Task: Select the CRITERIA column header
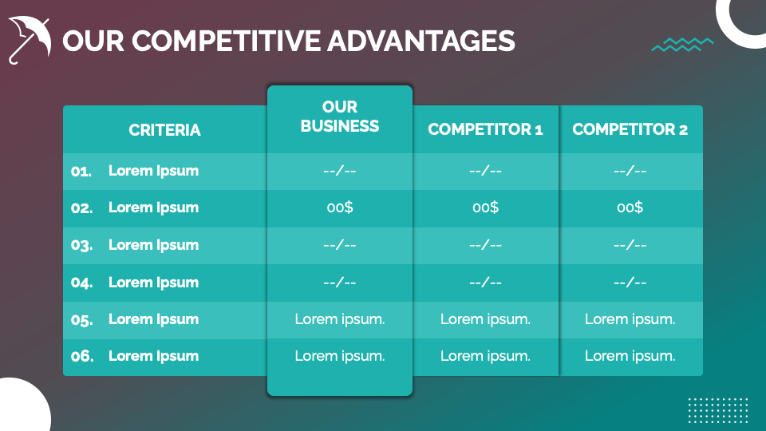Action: click(164, 130)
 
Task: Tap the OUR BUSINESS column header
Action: click(340, 117)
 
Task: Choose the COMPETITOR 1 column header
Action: click(485, 129)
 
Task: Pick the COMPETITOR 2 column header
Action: click(630, 129)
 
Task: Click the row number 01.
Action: click(81, 171)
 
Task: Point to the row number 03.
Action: click(81, 245)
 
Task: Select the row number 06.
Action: click(81, 356)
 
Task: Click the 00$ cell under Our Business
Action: click(340, 208)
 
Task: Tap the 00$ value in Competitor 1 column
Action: click(485, 208)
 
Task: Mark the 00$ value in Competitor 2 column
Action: click(630, 208)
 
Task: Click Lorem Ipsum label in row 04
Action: click(153, 282)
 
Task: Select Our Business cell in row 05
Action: click(340, 319)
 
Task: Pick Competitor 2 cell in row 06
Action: click(630, 356)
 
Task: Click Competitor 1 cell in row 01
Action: click(485, 171)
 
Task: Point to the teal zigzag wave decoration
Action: click(682, 45)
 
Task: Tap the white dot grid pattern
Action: click(718, 411)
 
